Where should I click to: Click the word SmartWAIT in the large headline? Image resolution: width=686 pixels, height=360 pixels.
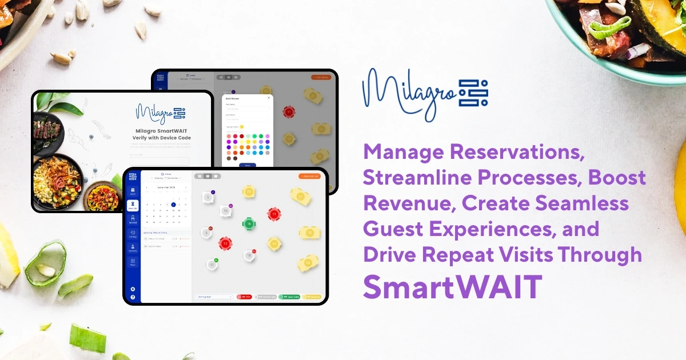(452, 287)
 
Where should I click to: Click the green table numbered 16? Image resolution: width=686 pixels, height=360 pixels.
(249, 223)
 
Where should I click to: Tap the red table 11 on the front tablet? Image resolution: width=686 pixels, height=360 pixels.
(274, 214)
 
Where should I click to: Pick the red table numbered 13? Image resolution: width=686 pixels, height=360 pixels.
(225, 243)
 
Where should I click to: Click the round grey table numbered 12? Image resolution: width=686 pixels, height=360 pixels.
(212, 265)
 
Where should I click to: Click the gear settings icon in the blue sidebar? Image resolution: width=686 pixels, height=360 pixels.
(133, 289)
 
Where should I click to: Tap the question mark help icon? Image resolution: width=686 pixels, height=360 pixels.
(133, 297)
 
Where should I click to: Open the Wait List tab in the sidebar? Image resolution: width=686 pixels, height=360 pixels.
(133, 206)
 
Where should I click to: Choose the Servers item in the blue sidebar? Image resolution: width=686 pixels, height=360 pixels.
(133, 248)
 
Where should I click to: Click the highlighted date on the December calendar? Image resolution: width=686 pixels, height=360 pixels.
(173, 204)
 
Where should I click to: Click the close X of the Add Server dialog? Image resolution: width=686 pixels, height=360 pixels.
(269, 98)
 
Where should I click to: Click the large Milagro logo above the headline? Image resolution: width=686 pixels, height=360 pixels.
(424, 93)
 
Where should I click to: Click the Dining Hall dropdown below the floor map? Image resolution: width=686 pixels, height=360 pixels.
(214, 297)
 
